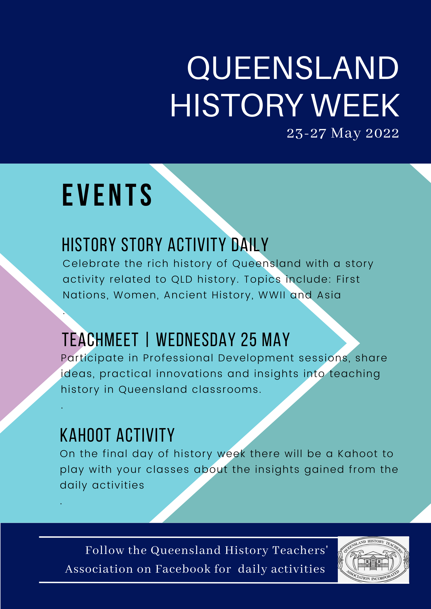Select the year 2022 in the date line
point(382,133)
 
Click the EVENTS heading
point(107,195)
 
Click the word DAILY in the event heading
point(250,245)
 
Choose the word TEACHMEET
point(100,340)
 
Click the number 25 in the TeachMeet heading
point(248,340)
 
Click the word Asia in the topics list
point(329,295)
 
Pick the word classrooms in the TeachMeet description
point(226,390)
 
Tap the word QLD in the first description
point(181,279)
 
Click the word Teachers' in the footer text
point(300,550)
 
